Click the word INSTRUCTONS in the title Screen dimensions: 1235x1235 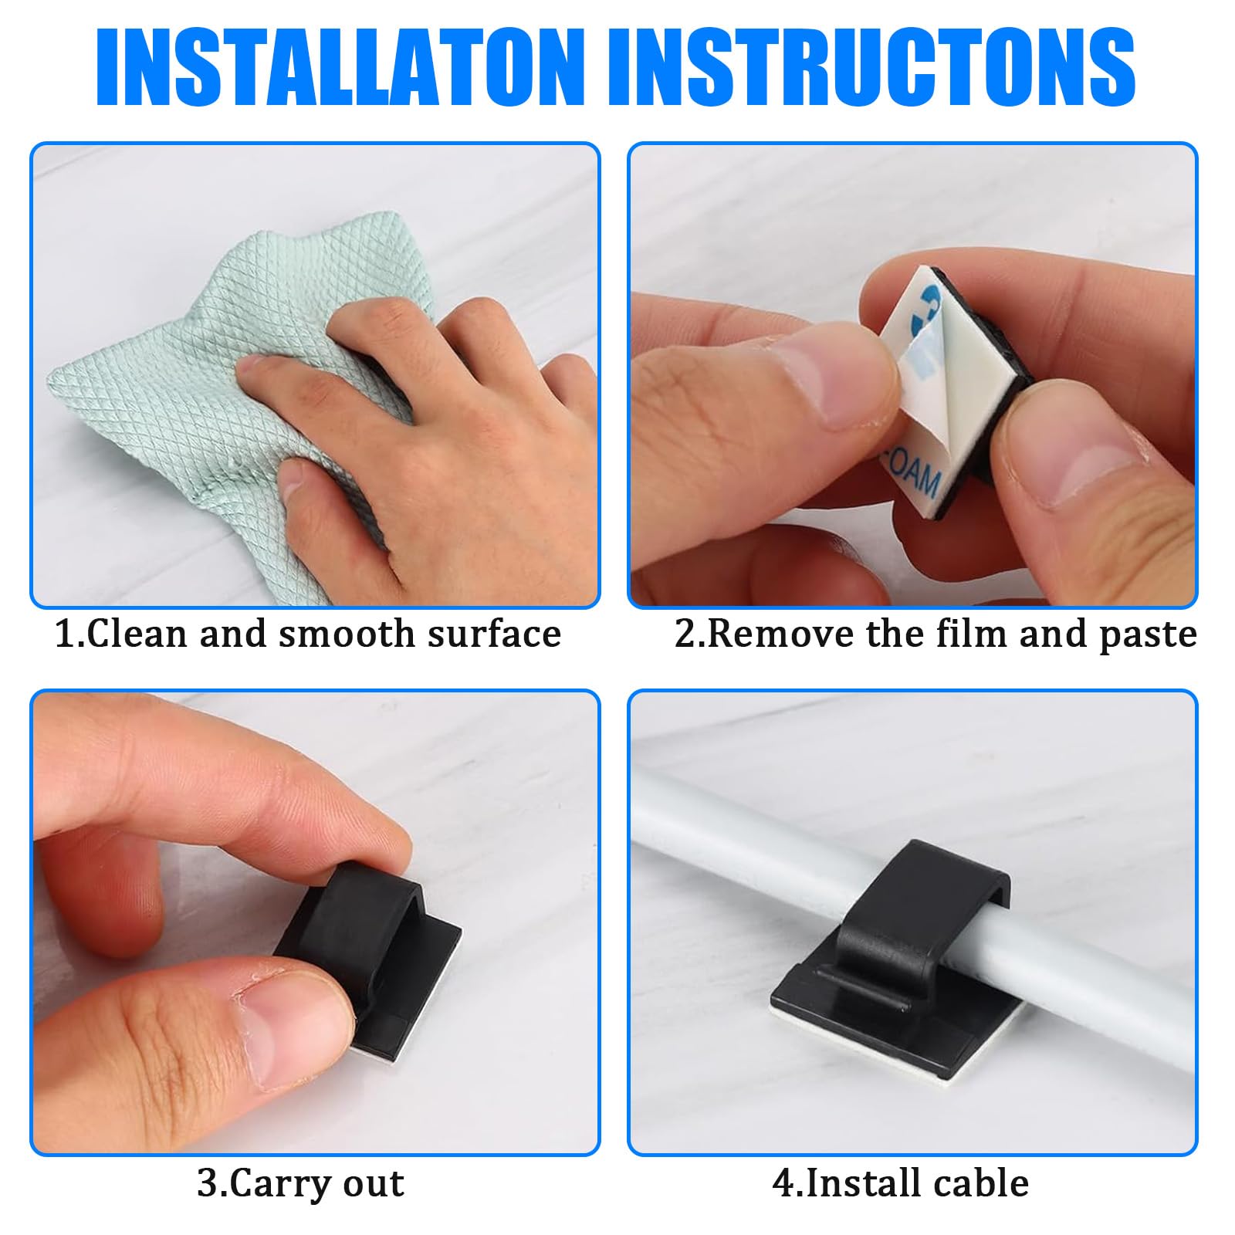click(873, 68)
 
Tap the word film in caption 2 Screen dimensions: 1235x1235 click(973, 634)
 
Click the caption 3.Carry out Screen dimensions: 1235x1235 click(300, 1183)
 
